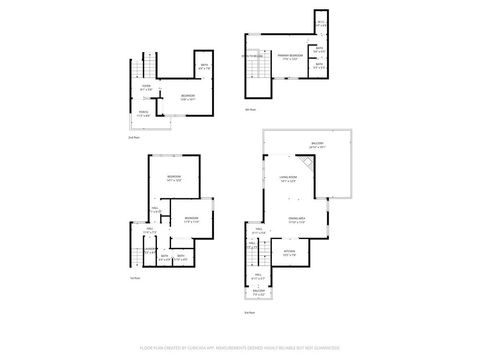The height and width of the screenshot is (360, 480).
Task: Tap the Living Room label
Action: [288, 181]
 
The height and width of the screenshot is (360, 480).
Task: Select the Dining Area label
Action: [296, 219]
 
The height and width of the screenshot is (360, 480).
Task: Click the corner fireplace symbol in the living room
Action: [309, 169]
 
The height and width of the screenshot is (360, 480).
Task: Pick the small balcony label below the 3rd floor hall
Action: [258, 294]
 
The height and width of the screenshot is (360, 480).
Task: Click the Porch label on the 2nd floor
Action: [144, 112]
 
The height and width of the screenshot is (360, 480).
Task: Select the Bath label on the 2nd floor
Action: [204, 67]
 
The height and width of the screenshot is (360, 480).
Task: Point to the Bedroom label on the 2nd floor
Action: [187, 98]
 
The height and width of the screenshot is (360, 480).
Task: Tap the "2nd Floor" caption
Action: [133, 137]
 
